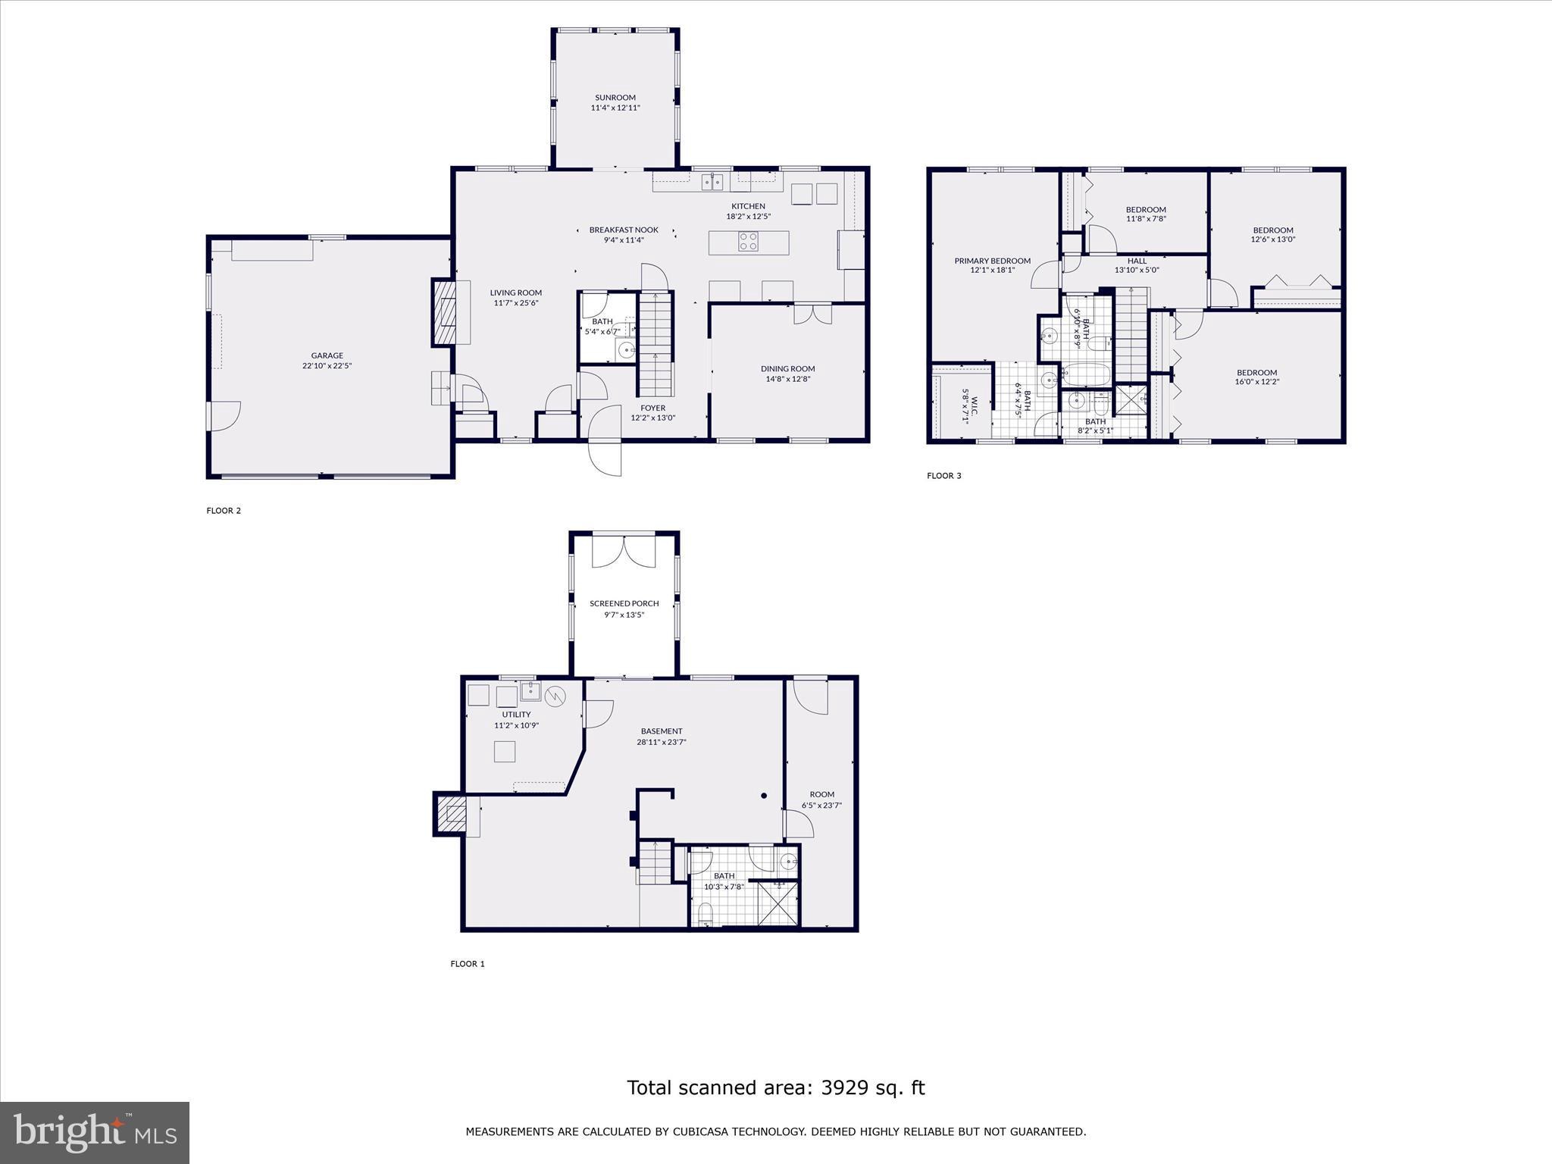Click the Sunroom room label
pos(615,98)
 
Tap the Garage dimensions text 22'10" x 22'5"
pos(327,366)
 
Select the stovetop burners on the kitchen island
pos(748,242)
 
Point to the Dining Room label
pos(788,369)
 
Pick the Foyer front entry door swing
pos(605,440)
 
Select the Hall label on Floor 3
pos(1137,261)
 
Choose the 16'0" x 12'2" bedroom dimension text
pos(1257,382)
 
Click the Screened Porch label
pos(624,604)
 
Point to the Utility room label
pos(517,715)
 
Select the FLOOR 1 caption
pos(468,964)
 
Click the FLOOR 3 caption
pos(944,476)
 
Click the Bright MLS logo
pos(95,1132)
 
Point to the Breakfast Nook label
pos(624,230)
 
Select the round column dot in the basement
pos(764,796)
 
